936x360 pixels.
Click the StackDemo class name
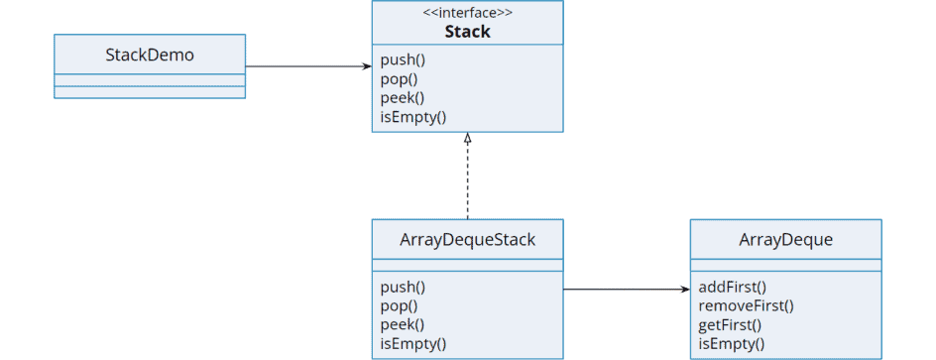coord(149,55)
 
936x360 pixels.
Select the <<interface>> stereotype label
coord(467,14)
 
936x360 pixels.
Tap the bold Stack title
coord(467,32)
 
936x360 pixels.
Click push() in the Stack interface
coord(402,60)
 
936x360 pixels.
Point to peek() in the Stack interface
coord(402,97)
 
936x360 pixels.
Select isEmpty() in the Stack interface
coord(412,116)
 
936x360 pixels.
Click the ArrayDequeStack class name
coord(467,239)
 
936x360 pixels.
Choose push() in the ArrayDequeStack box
coord(402,287)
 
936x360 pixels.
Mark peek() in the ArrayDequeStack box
coord(402,324)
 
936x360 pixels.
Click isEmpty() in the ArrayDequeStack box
coord(412,343)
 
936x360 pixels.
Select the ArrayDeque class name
coord(785,239)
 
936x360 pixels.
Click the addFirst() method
coord(732,287)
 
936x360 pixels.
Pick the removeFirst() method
coord(746,305)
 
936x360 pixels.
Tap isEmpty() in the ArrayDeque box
coord(731,343)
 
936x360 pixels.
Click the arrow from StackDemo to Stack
coord(307,66)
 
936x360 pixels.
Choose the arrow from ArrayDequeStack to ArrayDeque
coord(626,290)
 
